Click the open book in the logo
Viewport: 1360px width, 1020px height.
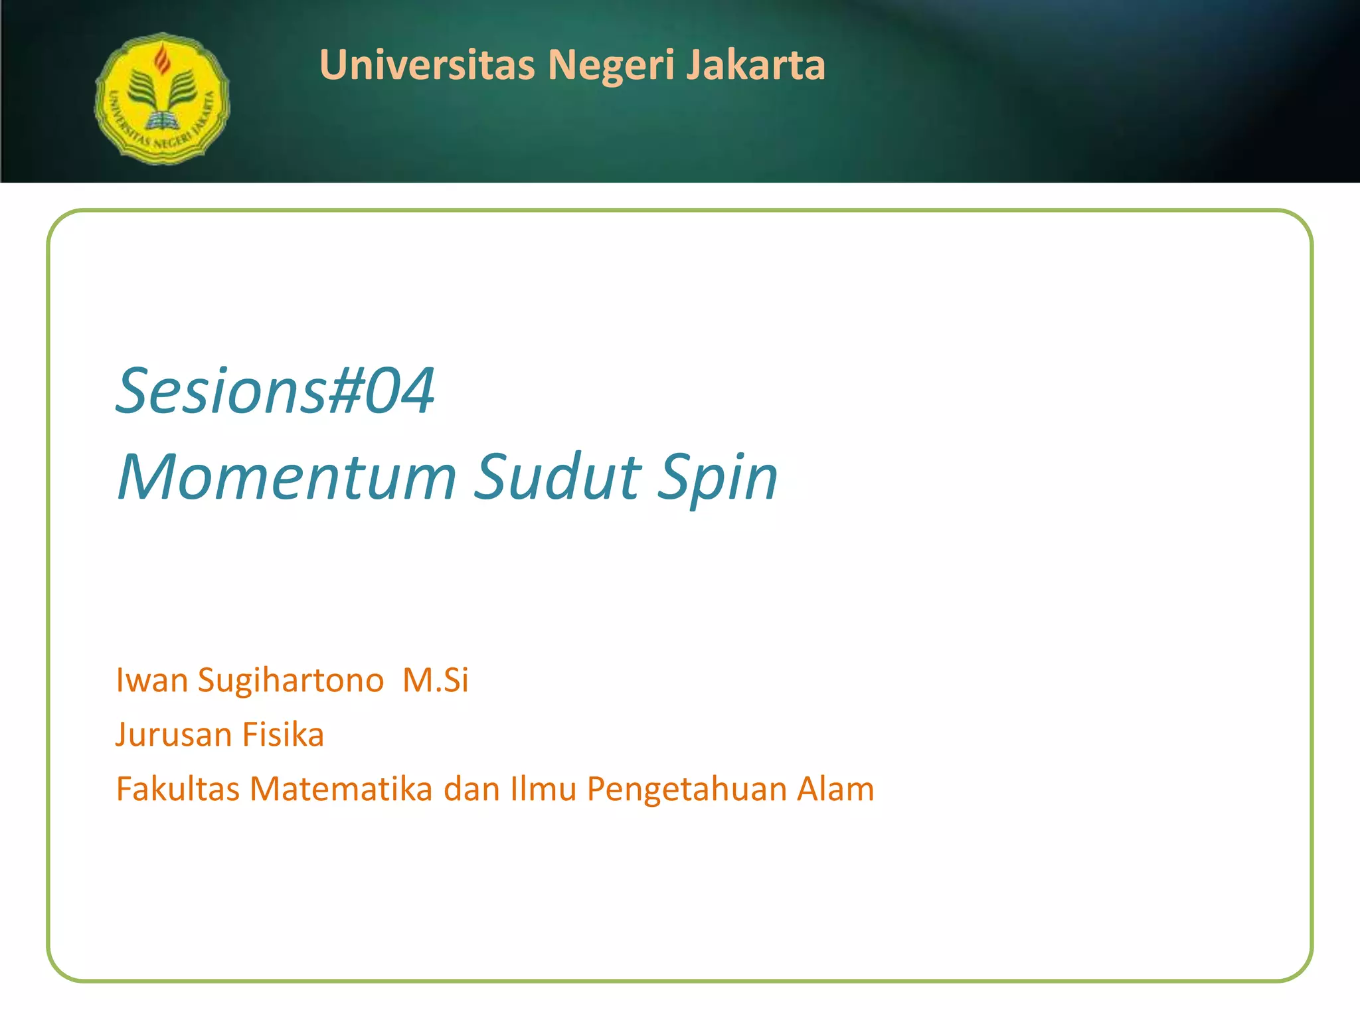click(x=161, y=121)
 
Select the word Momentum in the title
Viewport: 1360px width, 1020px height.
click(x=287, y=477)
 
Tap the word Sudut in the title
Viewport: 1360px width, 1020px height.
click(x=558, y=477)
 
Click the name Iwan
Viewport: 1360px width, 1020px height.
click(x=152, y=680)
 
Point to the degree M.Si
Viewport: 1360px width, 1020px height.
click(x=436, y=680)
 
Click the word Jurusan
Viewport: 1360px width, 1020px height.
click(x=173, y=734)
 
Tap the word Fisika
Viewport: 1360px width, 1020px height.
click(x=283, y=734)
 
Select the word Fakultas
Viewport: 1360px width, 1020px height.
click(x=177, y=789)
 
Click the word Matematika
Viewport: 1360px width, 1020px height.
click(x=341, y=789)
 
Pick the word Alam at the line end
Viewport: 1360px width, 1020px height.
click(x=835, y=789)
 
